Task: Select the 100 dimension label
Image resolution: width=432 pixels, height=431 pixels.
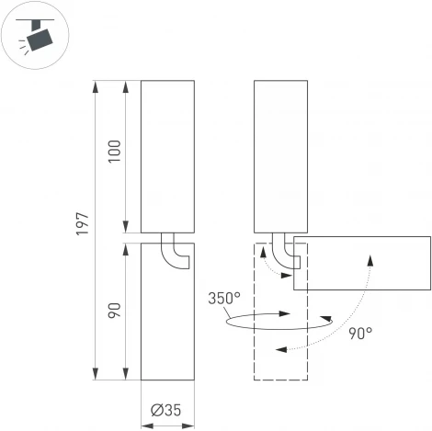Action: (x=115, y=152)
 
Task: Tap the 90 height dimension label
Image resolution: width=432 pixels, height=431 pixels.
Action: (x=115, y=311)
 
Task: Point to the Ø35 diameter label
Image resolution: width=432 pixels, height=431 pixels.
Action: (x=167, y=410)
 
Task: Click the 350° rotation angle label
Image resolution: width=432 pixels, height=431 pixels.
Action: (x=224, y=299)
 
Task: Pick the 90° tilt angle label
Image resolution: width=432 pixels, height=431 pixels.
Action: (x=359, y=334)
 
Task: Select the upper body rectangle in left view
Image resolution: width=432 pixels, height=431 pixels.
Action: (x=167, y=156)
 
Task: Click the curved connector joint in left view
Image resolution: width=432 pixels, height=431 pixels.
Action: (x=174, y=253)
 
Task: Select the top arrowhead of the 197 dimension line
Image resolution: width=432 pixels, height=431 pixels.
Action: (x=96, y=85)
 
